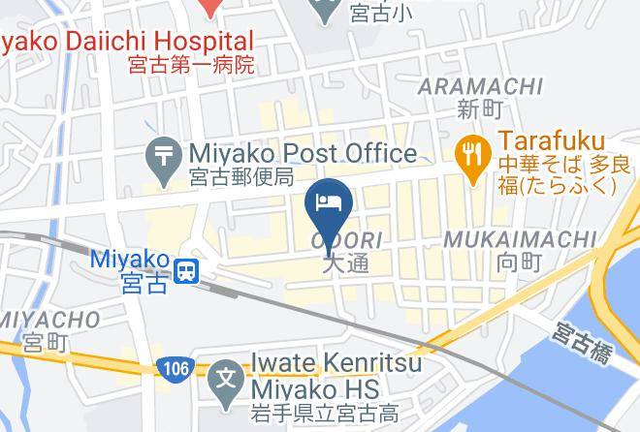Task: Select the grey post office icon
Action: [x=163, y=154]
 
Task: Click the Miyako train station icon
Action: [x=187, y=270]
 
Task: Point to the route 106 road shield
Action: [x=170, y=368]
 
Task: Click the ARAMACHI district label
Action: [x=480, y=87]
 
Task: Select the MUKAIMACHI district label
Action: [x=519, y=238]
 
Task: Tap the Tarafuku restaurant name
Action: [x=553, y=141]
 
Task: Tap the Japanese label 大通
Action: [x=346, y=263]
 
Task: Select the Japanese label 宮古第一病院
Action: [x=191, y=66]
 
